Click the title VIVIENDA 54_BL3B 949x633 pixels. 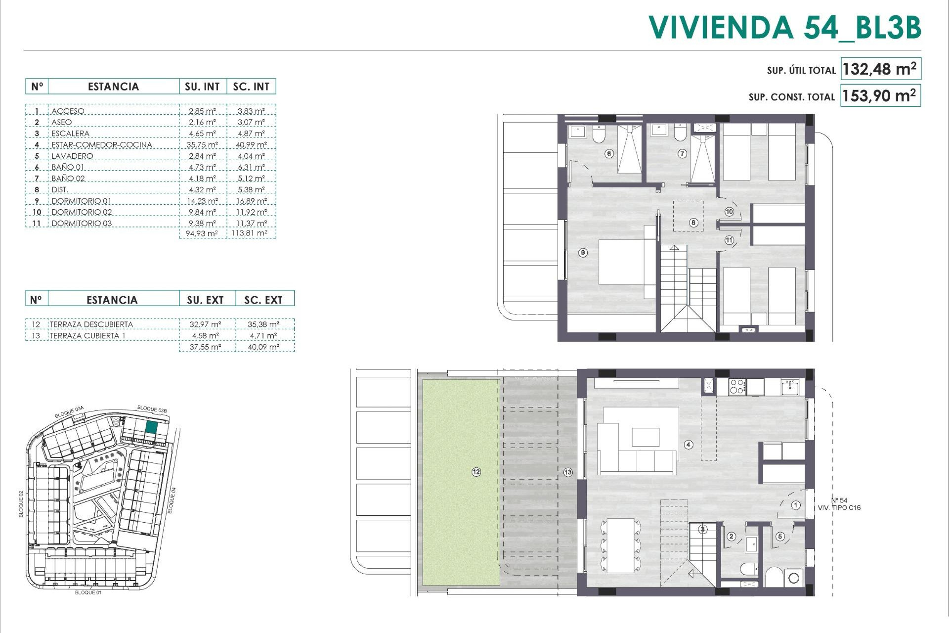point(784,28)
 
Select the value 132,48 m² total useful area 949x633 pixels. point(880,69)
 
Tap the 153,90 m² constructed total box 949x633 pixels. point(880,95)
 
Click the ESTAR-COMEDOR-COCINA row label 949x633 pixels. point(102,145)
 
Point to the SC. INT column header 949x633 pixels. point(251,87)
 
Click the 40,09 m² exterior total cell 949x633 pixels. point(264,347)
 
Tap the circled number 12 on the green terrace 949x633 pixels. point(476,472)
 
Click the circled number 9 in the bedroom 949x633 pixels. point(583,253)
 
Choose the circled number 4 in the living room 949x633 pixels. point(689,445)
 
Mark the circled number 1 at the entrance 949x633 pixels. point(796,505)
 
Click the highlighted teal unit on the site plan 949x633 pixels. point(152,428)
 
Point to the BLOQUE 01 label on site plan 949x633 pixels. point(88,592)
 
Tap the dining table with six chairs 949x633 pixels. point(620,545)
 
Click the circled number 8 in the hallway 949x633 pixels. point(693,223)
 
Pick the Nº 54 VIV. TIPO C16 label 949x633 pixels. point(839,504)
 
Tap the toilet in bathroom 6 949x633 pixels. point(599,134)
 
